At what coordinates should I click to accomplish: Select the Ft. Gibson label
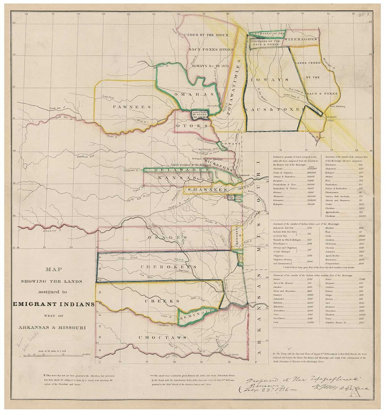231,291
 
